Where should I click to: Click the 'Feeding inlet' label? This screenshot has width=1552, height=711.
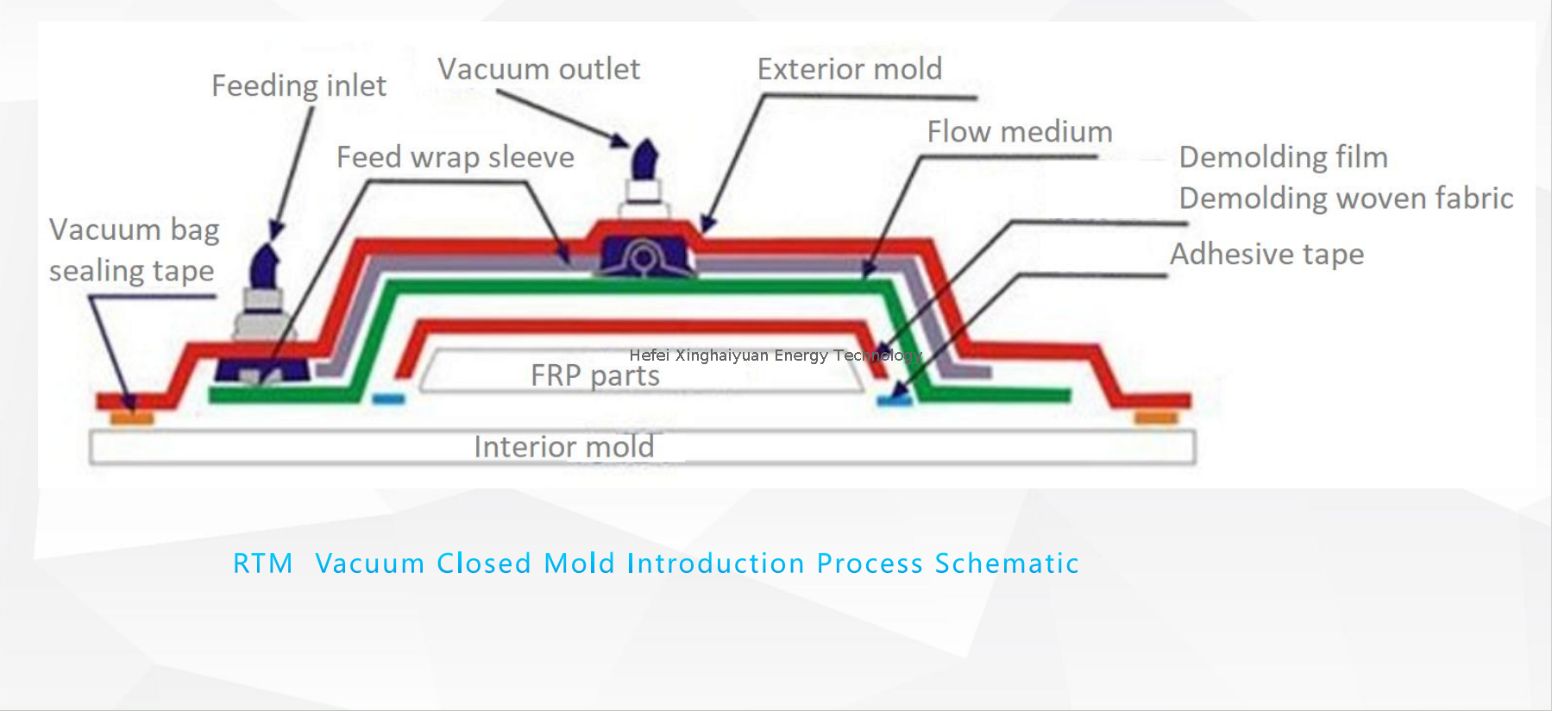click(298, 86)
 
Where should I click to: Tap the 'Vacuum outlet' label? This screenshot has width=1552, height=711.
click(538, 69)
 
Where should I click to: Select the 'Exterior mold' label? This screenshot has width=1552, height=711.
click(849, 69)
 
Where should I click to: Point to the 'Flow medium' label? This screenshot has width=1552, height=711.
click(1019, 132)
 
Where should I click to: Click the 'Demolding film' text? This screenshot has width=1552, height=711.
click(1283, 157)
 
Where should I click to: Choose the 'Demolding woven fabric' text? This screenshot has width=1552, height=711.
click(1345, 198)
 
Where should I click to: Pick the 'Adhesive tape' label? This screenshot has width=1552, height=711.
click(1266, 255)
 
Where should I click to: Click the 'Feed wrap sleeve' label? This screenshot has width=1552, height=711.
click(455, 157)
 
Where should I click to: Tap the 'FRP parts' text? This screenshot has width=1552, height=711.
click(594, 376)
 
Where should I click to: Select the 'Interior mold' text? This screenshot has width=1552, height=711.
click(563, 447)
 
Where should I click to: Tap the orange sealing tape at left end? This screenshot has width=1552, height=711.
click(132, 418)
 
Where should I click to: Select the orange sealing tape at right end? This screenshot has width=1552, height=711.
click(1155, 418)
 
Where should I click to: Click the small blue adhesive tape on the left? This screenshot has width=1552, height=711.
click(388, 400)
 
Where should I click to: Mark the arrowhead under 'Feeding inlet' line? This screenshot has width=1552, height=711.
click(276, 230)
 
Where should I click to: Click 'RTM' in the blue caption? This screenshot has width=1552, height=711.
click(262, 563)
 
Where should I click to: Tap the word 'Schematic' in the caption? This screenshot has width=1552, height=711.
click(1006, 563)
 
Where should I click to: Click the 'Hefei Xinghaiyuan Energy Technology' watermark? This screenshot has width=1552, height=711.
click(775, 355)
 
